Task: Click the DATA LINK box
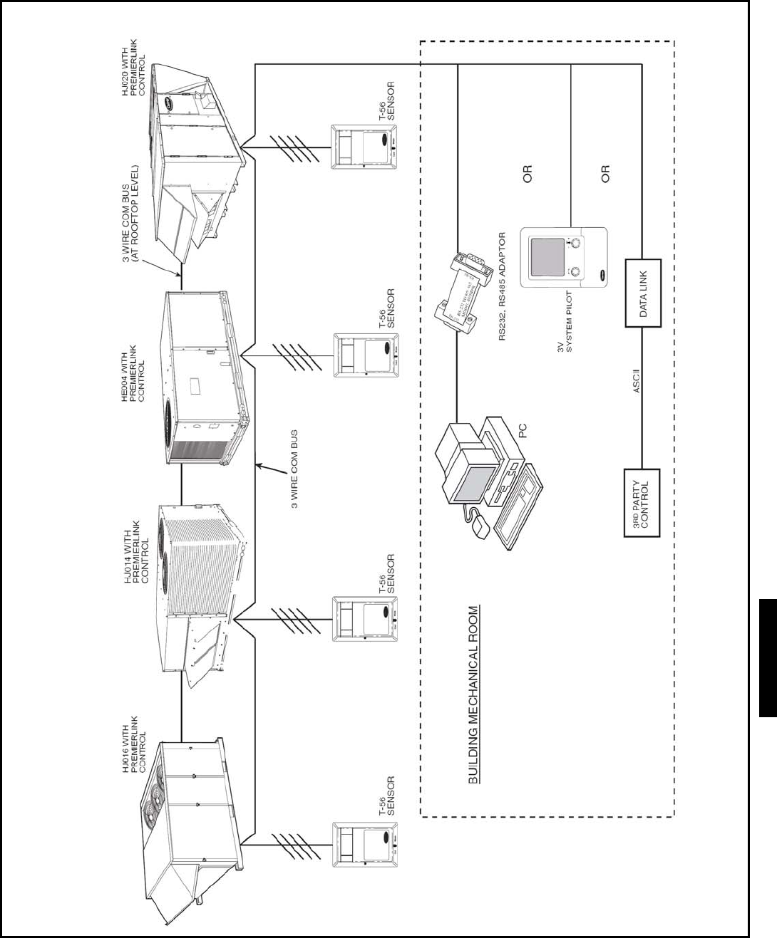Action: pos(643,293)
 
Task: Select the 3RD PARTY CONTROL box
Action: pos(642,502)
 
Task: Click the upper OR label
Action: pos(528,174)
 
